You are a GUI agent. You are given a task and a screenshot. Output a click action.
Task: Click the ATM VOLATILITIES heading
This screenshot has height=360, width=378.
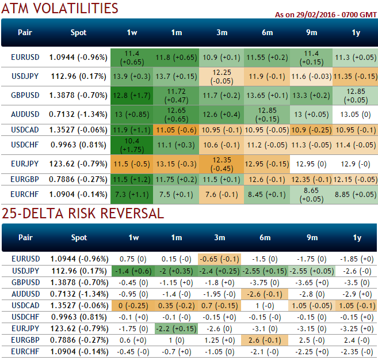[x=59, y=9]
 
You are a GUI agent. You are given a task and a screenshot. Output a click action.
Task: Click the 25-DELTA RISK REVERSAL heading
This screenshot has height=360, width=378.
[x=82, y=214]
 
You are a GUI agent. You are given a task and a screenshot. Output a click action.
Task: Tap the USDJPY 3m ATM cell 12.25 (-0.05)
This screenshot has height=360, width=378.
[x=222, y=76]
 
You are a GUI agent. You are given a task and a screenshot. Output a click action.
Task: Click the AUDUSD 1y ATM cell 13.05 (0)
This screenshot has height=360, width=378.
[x=356, y=114]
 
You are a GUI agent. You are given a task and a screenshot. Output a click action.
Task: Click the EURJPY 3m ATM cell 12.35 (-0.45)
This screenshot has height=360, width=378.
[x=222, y=164]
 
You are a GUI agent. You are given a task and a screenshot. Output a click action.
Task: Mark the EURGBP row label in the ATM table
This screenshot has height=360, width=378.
[x=25, y=180]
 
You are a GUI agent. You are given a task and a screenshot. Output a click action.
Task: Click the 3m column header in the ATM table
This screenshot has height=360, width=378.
[x=222, y=33]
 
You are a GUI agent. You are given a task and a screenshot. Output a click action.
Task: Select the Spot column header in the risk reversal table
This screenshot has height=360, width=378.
[x=78, y=237]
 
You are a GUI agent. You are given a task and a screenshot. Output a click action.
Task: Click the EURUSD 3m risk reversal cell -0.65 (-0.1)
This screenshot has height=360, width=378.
[x=222, y=259]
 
